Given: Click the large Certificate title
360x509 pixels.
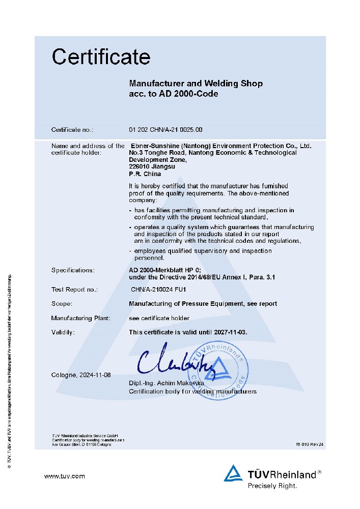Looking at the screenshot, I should coord(101,56).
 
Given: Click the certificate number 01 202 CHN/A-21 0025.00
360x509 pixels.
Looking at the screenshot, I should coord(165,130).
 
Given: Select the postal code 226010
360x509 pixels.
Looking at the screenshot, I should coord(139,166).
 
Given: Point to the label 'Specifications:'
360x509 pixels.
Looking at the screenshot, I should coord(73,270).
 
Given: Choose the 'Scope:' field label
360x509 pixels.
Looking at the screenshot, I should coord(62,303).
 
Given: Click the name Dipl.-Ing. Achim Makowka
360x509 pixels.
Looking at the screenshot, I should coord(167,382).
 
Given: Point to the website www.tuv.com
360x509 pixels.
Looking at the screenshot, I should coord(65,476).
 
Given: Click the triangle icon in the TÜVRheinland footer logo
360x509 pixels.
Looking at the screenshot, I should coord(234,473).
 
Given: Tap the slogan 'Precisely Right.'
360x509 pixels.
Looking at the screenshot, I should coord(272,486).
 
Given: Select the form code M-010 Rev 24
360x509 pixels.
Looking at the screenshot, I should coord(309,444).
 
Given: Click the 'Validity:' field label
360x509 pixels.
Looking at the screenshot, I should coord(63,332).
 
